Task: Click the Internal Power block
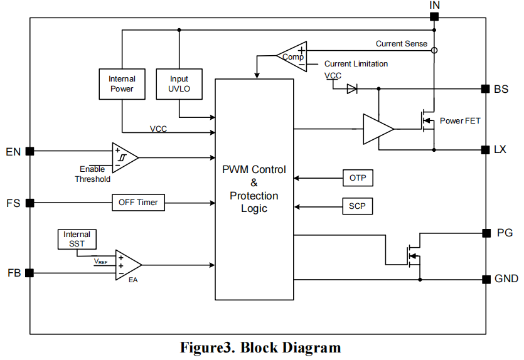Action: point(122,83)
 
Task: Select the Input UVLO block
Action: point(179,83)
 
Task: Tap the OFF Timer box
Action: point(138,203)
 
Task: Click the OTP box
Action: point(358,178)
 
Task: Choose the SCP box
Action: point(358,206)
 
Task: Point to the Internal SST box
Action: point(77,238)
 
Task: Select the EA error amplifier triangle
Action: point(127,265)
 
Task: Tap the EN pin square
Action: point(29,151)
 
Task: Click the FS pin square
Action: point(29,203)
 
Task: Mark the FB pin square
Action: point(29,273)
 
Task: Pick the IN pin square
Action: point(434,17)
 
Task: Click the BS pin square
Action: point(485,89)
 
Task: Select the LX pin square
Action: point(485,150)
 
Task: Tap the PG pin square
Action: point(486,233)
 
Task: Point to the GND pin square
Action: point(486,279)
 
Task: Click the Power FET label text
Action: point(460,120)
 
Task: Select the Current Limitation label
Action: point(356,64)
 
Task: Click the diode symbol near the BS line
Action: point(352,89)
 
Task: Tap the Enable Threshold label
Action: point(92,174)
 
